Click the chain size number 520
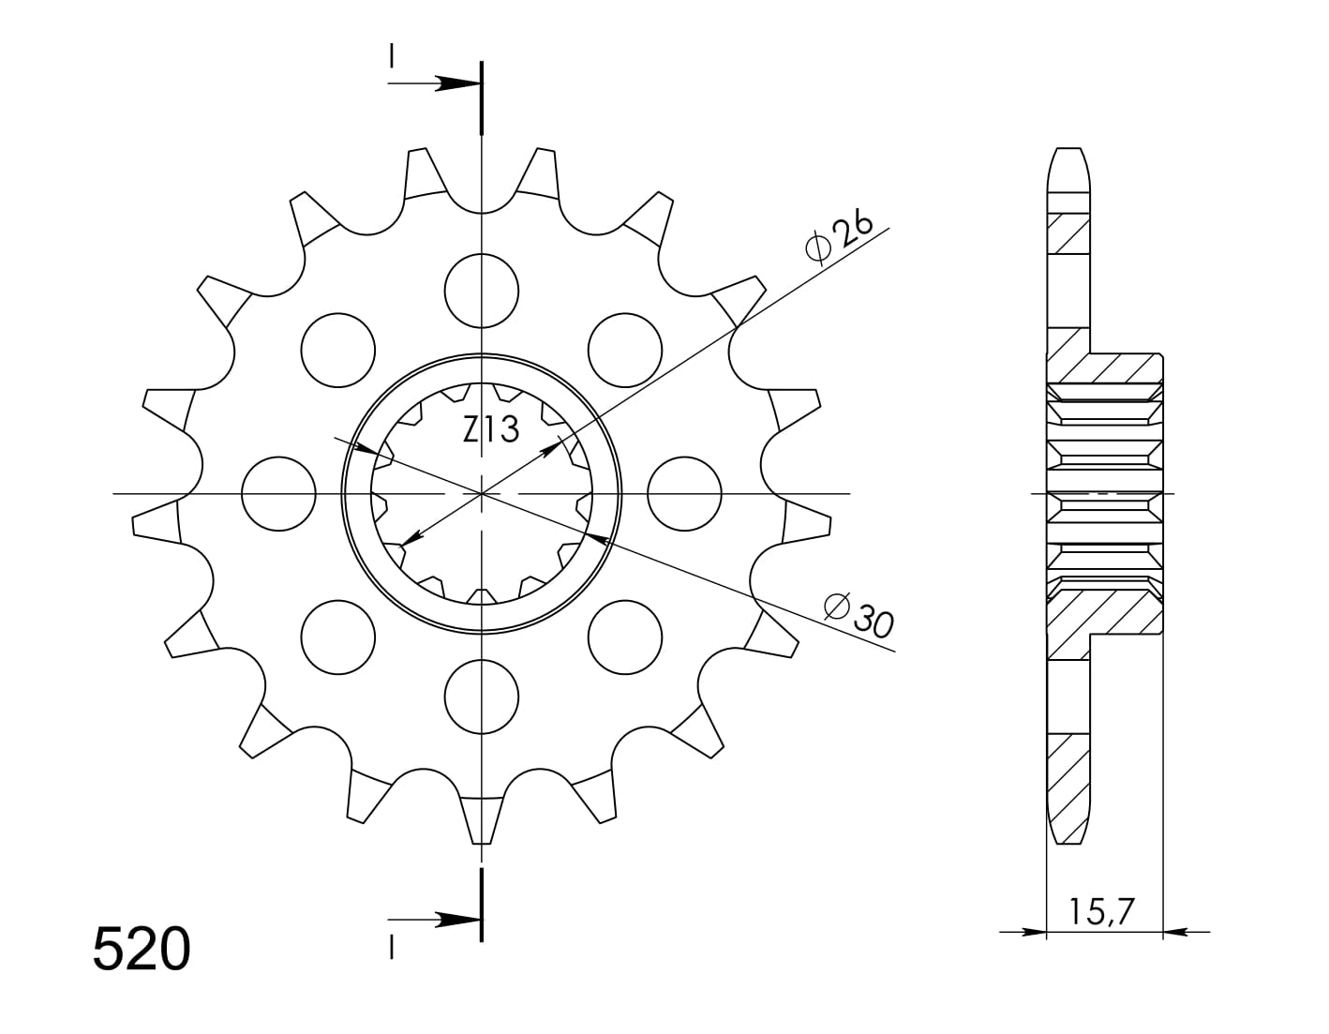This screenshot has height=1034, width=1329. point(142,949)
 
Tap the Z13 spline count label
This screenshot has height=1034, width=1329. point(490,430)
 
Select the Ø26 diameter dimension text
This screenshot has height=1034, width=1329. point(839,239)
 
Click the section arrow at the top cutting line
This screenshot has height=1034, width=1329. point(455,84)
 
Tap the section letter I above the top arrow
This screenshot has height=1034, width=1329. point(391,57)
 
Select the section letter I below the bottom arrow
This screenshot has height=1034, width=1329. point(391,949)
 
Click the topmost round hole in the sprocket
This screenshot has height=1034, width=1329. point(482,291)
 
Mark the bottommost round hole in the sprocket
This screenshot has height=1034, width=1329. point(482,696)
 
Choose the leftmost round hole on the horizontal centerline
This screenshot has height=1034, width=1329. point(278,493)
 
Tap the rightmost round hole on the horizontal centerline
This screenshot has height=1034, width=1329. point(684,493)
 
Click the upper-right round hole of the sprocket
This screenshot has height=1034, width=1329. point(625,350)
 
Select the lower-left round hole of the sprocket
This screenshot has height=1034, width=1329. point(338,637)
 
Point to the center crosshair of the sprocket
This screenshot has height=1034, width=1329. point(482,493)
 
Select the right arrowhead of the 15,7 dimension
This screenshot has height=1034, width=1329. point(1175,933)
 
